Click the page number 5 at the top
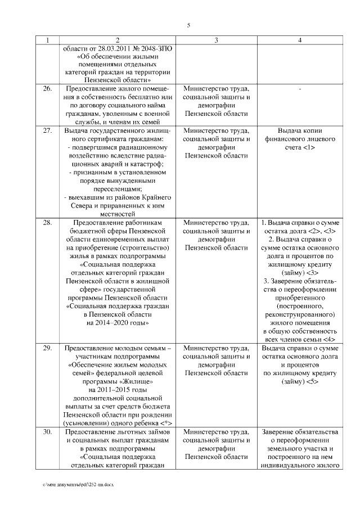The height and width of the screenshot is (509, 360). [x=188, y=25]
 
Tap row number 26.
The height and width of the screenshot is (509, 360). [x=48, y=89]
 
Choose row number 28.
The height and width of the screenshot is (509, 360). [x=48, y=222]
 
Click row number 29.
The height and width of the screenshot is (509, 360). [x=48, y=348]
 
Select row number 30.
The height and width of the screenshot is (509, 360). [x=48, y=432]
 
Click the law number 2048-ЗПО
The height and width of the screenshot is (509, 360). [x=152, y=49]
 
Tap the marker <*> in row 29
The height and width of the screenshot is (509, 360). [x=166, y=423]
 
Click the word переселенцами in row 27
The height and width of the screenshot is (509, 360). [x=118, y=189]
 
